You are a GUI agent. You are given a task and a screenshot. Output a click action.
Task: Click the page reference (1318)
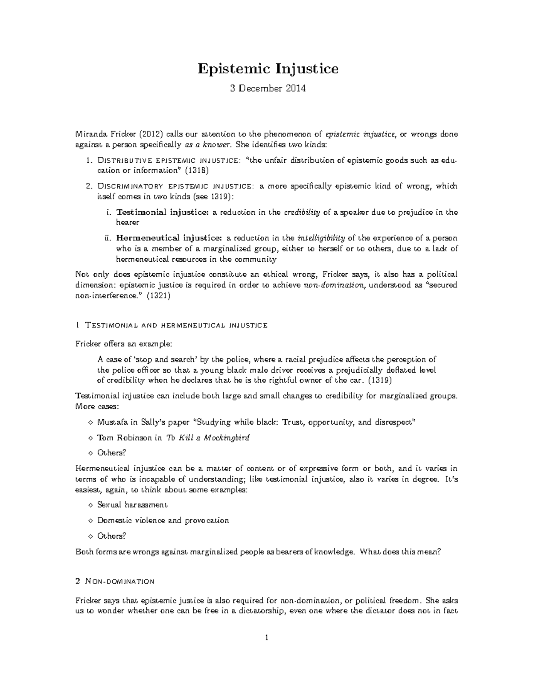click(195, 170)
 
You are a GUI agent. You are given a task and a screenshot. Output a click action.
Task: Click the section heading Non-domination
click(119, 581)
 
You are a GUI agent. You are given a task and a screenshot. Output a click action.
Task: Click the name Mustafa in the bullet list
click(112, 422)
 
